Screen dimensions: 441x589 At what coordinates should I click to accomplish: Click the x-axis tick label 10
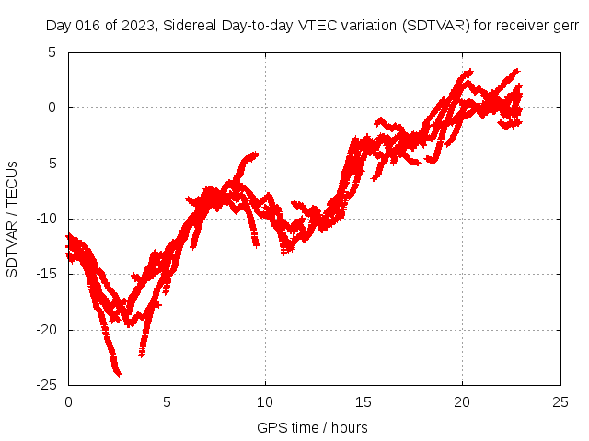tap(265, 402)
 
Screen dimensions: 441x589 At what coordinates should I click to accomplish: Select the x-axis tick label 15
tap(364, 402)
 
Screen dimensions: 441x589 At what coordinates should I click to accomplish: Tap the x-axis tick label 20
tap(462, 402)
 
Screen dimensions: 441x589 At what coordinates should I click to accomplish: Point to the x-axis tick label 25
tap(560, 402)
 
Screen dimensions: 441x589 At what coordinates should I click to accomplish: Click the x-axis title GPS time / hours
tap(312, 427)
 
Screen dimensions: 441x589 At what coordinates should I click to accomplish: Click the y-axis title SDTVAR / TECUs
tap(12, 219)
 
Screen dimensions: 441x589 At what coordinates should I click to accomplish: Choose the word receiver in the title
tap(525, 26)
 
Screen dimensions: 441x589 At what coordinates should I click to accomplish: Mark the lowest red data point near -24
tap(118, 373)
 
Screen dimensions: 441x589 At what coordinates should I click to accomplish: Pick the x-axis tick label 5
tap(167, 402)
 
